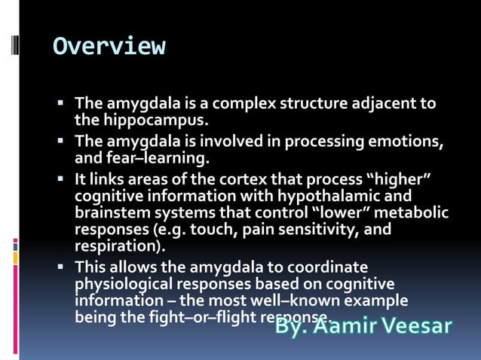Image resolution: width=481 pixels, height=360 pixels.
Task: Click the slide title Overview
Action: click(x=109, y=47)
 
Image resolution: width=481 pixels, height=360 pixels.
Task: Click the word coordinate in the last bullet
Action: click(x=326, y=267)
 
